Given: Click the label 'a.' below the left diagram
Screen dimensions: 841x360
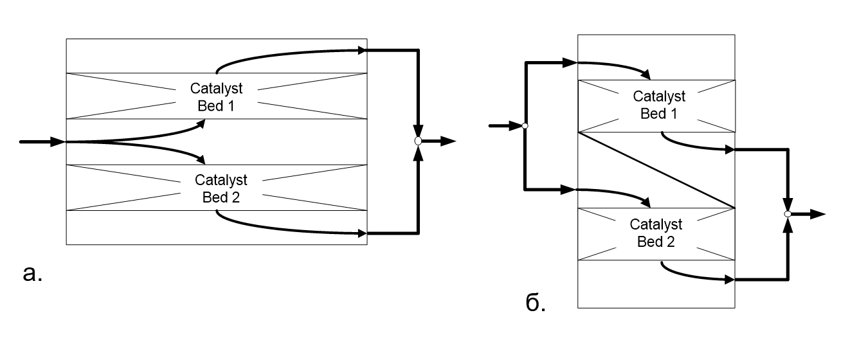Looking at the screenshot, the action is [x=33, y=274].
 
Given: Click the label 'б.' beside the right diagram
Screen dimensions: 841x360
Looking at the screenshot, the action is [x=536, y=302].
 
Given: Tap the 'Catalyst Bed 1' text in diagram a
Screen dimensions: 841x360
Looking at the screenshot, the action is [x=216, y=97].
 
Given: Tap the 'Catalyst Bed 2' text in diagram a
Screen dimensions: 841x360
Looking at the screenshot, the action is [x=221, y=188].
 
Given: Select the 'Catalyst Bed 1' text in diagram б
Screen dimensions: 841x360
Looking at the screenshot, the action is [x=659, y=105].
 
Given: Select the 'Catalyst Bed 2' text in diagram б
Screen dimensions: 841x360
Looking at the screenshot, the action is [x=656, y=233].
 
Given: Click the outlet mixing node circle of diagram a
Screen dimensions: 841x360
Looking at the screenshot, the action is [x=418, y=141].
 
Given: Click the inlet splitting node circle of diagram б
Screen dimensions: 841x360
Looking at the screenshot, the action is [x=525, y=126].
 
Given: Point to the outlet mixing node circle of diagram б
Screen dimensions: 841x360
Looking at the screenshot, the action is [x=788, y=214].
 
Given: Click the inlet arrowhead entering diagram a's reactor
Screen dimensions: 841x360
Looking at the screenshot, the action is [x=59, y=142].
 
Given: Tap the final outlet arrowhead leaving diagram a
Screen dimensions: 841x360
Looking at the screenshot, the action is [x=448, y=141].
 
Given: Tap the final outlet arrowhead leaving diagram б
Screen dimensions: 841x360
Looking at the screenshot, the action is [x=818, y=214].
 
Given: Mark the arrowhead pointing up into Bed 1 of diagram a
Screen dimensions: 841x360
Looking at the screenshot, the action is [x=201, y=123].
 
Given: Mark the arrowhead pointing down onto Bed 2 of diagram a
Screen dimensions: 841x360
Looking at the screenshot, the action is [x=201, y=159].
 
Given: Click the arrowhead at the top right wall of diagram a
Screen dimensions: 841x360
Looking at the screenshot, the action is [x=362, y=50].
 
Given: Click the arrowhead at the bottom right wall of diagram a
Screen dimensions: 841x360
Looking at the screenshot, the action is [x=362, y=233].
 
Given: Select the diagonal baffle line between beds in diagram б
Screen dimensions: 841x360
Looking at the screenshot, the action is [x=656, y=170].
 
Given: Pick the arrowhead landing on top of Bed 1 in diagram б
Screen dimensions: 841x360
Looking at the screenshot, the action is [x=646, y=75].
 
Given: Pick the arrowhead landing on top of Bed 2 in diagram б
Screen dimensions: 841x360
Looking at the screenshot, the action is [x=646, y=203].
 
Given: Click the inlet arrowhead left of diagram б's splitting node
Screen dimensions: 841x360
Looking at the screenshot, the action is [x=516, y=126].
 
